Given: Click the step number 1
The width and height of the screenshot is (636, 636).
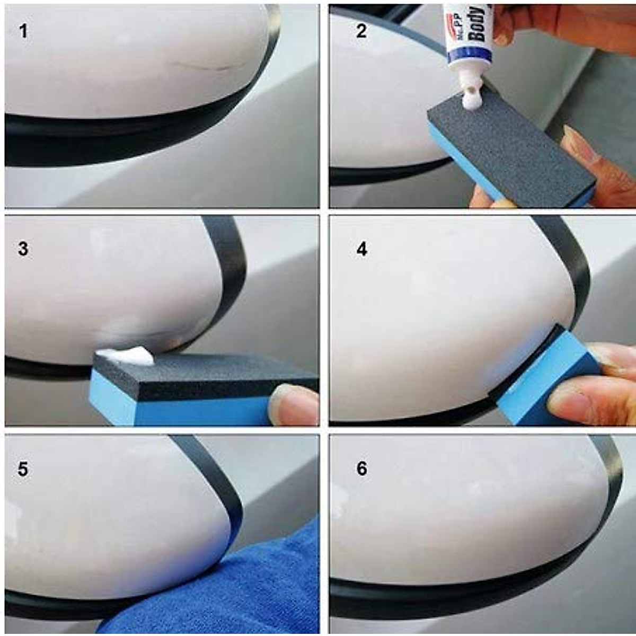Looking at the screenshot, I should pos(23,31).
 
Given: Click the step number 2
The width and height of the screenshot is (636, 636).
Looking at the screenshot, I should pos(361,31).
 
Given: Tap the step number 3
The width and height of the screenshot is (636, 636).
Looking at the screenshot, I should pos(23,249).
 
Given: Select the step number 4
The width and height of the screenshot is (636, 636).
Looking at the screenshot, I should pos(361,249).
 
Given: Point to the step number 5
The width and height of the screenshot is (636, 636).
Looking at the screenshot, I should pos(23,469).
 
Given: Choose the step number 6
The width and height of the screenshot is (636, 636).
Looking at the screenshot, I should pos(361,469).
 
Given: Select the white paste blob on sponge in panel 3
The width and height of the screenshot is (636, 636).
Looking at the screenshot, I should pos(127,356).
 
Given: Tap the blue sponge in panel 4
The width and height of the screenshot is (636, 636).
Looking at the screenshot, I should pos(535,382).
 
